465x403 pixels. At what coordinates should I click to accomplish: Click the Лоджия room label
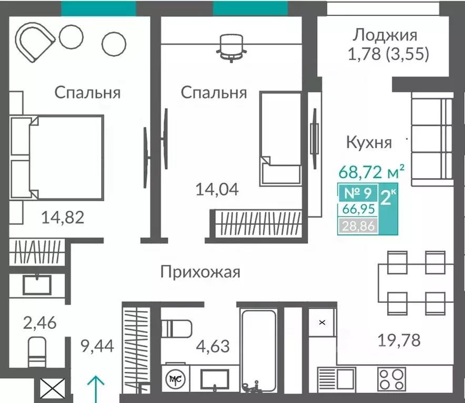coord(385,35)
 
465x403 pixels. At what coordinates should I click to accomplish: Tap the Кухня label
coord(369,142)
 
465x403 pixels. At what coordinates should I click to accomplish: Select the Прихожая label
coord(200,272)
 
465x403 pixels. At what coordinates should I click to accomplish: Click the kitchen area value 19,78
coord(399,340)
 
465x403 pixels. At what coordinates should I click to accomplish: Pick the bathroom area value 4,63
coord(213,346)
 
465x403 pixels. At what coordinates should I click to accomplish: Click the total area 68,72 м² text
coord(370,171)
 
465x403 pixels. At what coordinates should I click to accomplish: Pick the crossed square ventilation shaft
coord(53,391)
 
